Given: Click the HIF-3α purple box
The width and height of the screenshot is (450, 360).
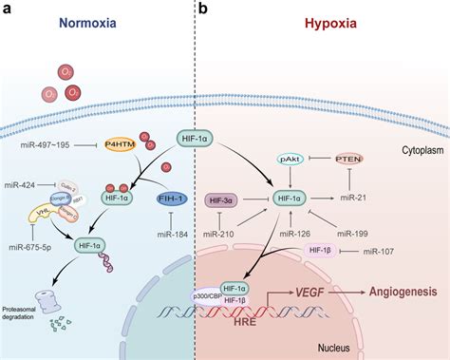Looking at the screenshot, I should pyautogui.click(x=221, y=199).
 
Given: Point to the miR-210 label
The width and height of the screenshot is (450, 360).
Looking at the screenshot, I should pyautogui.click(x=224, y=233).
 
